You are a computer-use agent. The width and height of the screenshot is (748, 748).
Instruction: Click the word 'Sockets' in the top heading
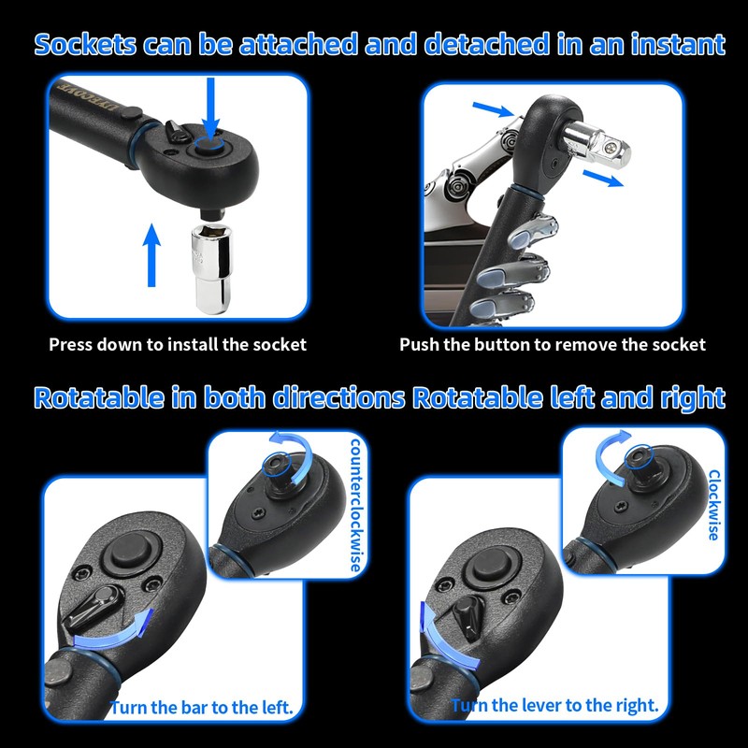click(85, 44)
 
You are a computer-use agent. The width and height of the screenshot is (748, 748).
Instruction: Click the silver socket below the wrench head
click(212, 268)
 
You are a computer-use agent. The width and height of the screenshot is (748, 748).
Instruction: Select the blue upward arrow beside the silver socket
click(151, 255)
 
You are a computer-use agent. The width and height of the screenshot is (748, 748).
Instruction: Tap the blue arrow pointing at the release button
click(494, 109)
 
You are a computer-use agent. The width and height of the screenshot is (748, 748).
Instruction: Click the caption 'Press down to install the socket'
click(178, 344)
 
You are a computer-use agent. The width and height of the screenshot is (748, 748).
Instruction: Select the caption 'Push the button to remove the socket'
click(553, 344)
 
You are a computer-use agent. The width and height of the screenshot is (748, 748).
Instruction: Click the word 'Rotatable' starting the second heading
click(98, 397)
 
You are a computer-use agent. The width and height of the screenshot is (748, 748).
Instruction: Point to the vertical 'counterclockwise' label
click(356, 506)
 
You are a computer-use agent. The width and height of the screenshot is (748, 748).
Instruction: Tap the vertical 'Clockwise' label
click(714, 505)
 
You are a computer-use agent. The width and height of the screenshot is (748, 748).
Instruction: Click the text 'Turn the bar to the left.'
click(201, 708)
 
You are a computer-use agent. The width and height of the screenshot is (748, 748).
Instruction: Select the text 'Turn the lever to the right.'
click(554, 705)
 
